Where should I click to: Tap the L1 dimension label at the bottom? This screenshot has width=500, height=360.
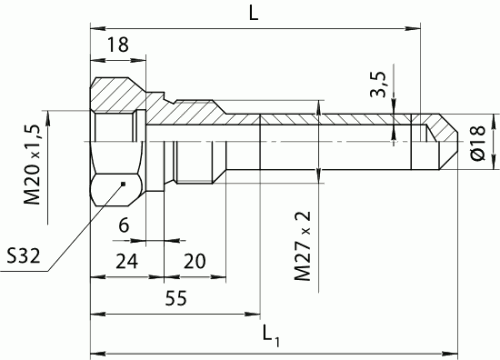click(x=271, y=331)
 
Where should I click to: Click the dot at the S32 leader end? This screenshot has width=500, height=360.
click(x=122, y=184)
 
